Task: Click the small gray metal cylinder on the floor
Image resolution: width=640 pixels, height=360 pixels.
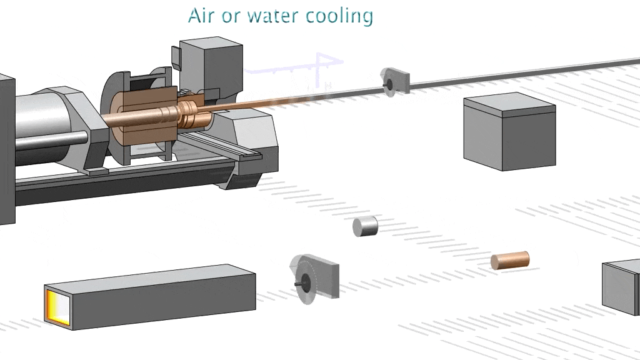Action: tap(366, 226)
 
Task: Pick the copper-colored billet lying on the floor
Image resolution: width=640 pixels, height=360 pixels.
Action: tap(509, 259)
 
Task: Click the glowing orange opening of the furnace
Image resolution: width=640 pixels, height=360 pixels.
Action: tap(56, 305)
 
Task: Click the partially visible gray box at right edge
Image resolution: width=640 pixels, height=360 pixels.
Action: tap(621, 286)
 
